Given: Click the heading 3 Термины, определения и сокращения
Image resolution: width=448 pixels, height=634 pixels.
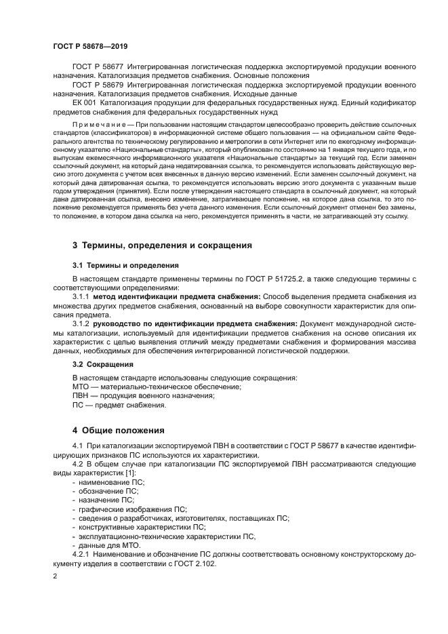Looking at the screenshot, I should coord(162,244).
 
